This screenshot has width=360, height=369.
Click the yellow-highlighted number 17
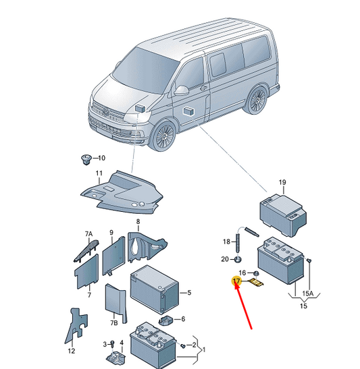[236, 281]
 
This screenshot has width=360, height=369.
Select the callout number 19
[282, 182]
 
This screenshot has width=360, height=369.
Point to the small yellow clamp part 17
[257, 282]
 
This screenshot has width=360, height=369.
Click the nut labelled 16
[257, 273]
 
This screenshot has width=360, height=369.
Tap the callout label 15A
[308, 293]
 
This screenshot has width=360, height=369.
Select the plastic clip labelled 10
[85, 160]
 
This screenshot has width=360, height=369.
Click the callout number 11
[99, 173]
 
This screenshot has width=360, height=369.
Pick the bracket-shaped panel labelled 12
[76, 326]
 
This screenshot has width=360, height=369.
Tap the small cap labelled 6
[166, 320]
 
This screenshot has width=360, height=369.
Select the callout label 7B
[114, 322]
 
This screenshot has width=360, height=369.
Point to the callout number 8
[138, 222]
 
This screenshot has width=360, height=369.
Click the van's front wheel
[164, 136]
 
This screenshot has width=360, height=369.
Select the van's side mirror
[182, 90]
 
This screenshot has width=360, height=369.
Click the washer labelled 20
[238, 260]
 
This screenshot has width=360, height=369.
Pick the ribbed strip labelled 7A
[86, 250]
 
